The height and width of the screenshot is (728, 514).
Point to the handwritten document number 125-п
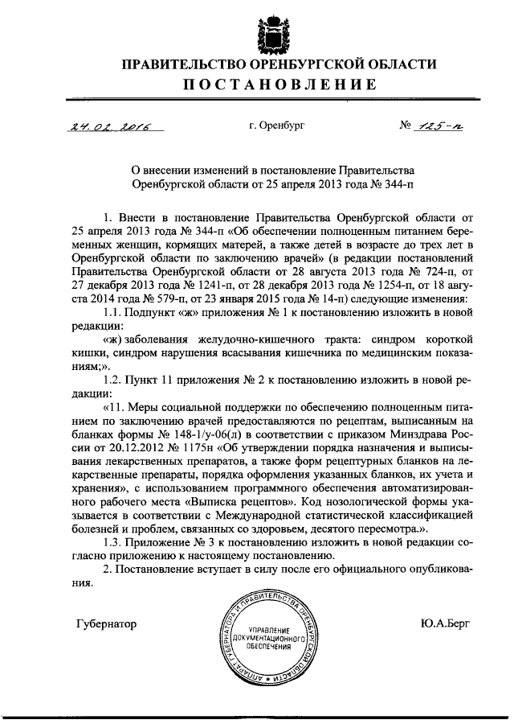click(435, 125)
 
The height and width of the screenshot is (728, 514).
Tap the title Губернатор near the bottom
click(105, 623)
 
